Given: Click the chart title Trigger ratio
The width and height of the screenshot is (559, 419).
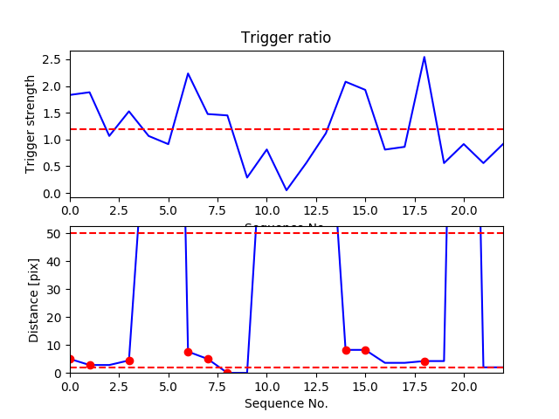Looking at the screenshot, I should (286, 38).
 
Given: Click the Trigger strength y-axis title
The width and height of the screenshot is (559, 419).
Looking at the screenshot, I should (31, 123).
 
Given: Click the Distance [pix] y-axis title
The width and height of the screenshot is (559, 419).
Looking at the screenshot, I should (34, 299).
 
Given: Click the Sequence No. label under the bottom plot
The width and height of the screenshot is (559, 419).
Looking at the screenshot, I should (286, 403).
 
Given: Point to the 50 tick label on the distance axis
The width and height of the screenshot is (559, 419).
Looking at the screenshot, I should (55, 233).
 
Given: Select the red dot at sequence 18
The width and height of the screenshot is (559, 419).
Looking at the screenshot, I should (424, 361).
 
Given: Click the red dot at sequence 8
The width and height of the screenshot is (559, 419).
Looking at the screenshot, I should (227, 373).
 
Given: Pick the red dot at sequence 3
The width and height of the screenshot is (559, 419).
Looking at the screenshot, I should (129, 361).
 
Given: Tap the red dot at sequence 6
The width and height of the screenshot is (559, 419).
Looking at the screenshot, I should (188, 352).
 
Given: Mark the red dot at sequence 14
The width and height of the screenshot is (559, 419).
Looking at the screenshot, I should (346, 350).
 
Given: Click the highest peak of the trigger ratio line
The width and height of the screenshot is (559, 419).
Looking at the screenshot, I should (424, 58).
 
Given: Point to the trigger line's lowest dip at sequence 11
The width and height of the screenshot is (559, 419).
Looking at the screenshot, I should (286, 190).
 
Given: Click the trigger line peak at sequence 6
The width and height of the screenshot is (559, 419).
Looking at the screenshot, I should (188, 73).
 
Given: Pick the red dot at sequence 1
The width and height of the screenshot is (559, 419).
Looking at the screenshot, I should (90, 365).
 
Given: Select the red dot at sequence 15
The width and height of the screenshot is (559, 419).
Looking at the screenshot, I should (365, 350).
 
